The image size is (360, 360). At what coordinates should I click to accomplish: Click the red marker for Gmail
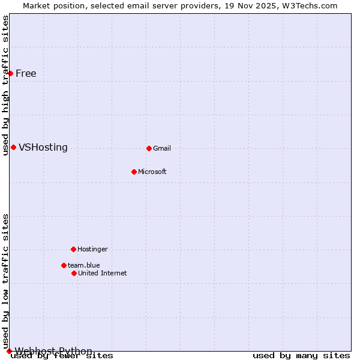tap(149, 148)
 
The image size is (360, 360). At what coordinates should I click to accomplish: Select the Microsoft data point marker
tap(134, 172)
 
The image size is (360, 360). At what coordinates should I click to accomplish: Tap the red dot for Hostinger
tap(73, 249)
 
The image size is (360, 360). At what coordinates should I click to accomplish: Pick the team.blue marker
tap(64, 265)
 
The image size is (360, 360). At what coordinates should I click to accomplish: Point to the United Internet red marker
tap(74, 273)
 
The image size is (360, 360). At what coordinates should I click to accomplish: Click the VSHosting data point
tap(13, 147)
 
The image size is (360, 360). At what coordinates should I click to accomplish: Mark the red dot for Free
tap(10, 73)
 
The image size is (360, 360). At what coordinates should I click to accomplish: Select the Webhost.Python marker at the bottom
tap(9, 351)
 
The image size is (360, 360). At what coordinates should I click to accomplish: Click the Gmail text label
tap(162, 148)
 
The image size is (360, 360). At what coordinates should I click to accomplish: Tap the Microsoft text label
tap(152, 172)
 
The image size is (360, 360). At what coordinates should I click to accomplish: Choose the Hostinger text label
tap(92, 249)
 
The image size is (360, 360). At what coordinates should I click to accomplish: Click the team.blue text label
tap(84, 265)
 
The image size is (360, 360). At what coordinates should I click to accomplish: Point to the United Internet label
tap(103, 273)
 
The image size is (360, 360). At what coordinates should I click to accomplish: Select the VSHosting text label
tap(43, 148)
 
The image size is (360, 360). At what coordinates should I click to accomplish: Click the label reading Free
tap(26, 74)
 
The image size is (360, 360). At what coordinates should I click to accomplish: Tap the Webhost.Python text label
tap(54, 351)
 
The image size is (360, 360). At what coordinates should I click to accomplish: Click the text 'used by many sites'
tap(301, 356)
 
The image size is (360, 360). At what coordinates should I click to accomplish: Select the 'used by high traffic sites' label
tap(5, 85)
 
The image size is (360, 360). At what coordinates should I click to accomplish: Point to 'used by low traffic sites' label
tap(5, 281)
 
